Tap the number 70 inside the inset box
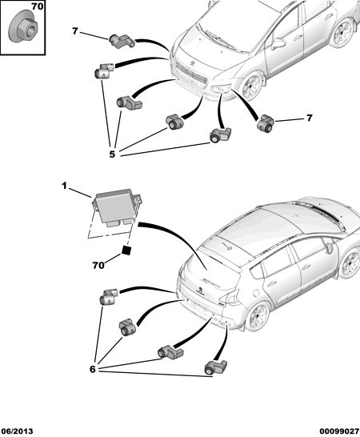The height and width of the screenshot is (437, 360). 37,6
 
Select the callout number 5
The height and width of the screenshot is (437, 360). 112,154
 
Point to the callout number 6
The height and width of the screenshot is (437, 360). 93,369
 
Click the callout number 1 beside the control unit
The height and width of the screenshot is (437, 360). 64,186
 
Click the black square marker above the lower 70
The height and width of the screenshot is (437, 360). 126,251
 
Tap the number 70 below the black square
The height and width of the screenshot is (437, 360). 98,266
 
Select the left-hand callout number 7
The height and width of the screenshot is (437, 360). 74,31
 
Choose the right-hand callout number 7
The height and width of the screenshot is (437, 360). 310,118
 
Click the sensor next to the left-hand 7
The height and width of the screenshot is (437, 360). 122,41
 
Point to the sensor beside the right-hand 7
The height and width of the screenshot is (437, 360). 266,122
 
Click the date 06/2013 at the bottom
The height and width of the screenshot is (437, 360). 17,431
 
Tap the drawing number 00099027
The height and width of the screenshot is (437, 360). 339,431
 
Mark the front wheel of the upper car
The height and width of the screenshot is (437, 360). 252,86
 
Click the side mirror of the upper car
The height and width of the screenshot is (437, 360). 278,43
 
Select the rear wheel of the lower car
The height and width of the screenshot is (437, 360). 259,316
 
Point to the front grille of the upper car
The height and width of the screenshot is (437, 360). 192,74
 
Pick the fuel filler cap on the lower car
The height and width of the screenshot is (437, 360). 256,293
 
